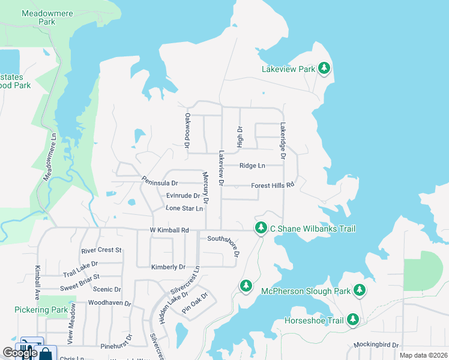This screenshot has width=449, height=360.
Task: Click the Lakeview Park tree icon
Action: [x=324, y=68]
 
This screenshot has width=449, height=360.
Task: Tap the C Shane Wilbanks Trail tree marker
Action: [x=261, y=228]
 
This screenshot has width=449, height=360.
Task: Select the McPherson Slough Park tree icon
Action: [x=360, y=290]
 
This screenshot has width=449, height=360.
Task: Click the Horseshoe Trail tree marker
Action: [x=354, y=320]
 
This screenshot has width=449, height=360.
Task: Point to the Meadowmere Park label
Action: [x=38, y=17]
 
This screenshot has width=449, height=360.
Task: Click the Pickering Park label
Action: [x=41, y=310]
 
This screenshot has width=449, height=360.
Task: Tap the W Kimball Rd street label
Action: [x=169, y=230]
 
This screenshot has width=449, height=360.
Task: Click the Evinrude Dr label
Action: [x=183, y=196]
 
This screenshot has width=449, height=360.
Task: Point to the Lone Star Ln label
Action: [x=184, y=208]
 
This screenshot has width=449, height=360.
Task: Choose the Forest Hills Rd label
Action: [x=273, y=185]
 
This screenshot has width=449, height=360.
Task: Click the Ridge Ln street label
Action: [x=252, y=166]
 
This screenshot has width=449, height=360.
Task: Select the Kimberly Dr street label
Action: [x=168, y=266]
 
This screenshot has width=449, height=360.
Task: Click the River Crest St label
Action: [x=101, y=250]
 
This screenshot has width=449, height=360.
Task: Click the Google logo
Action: [x=20, y=353]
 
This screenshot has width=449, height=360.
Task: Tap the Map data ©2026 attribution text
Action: [x=423, y=355]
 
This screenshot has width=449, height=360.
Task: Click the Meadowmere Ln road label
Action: [x=50, y=157]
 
